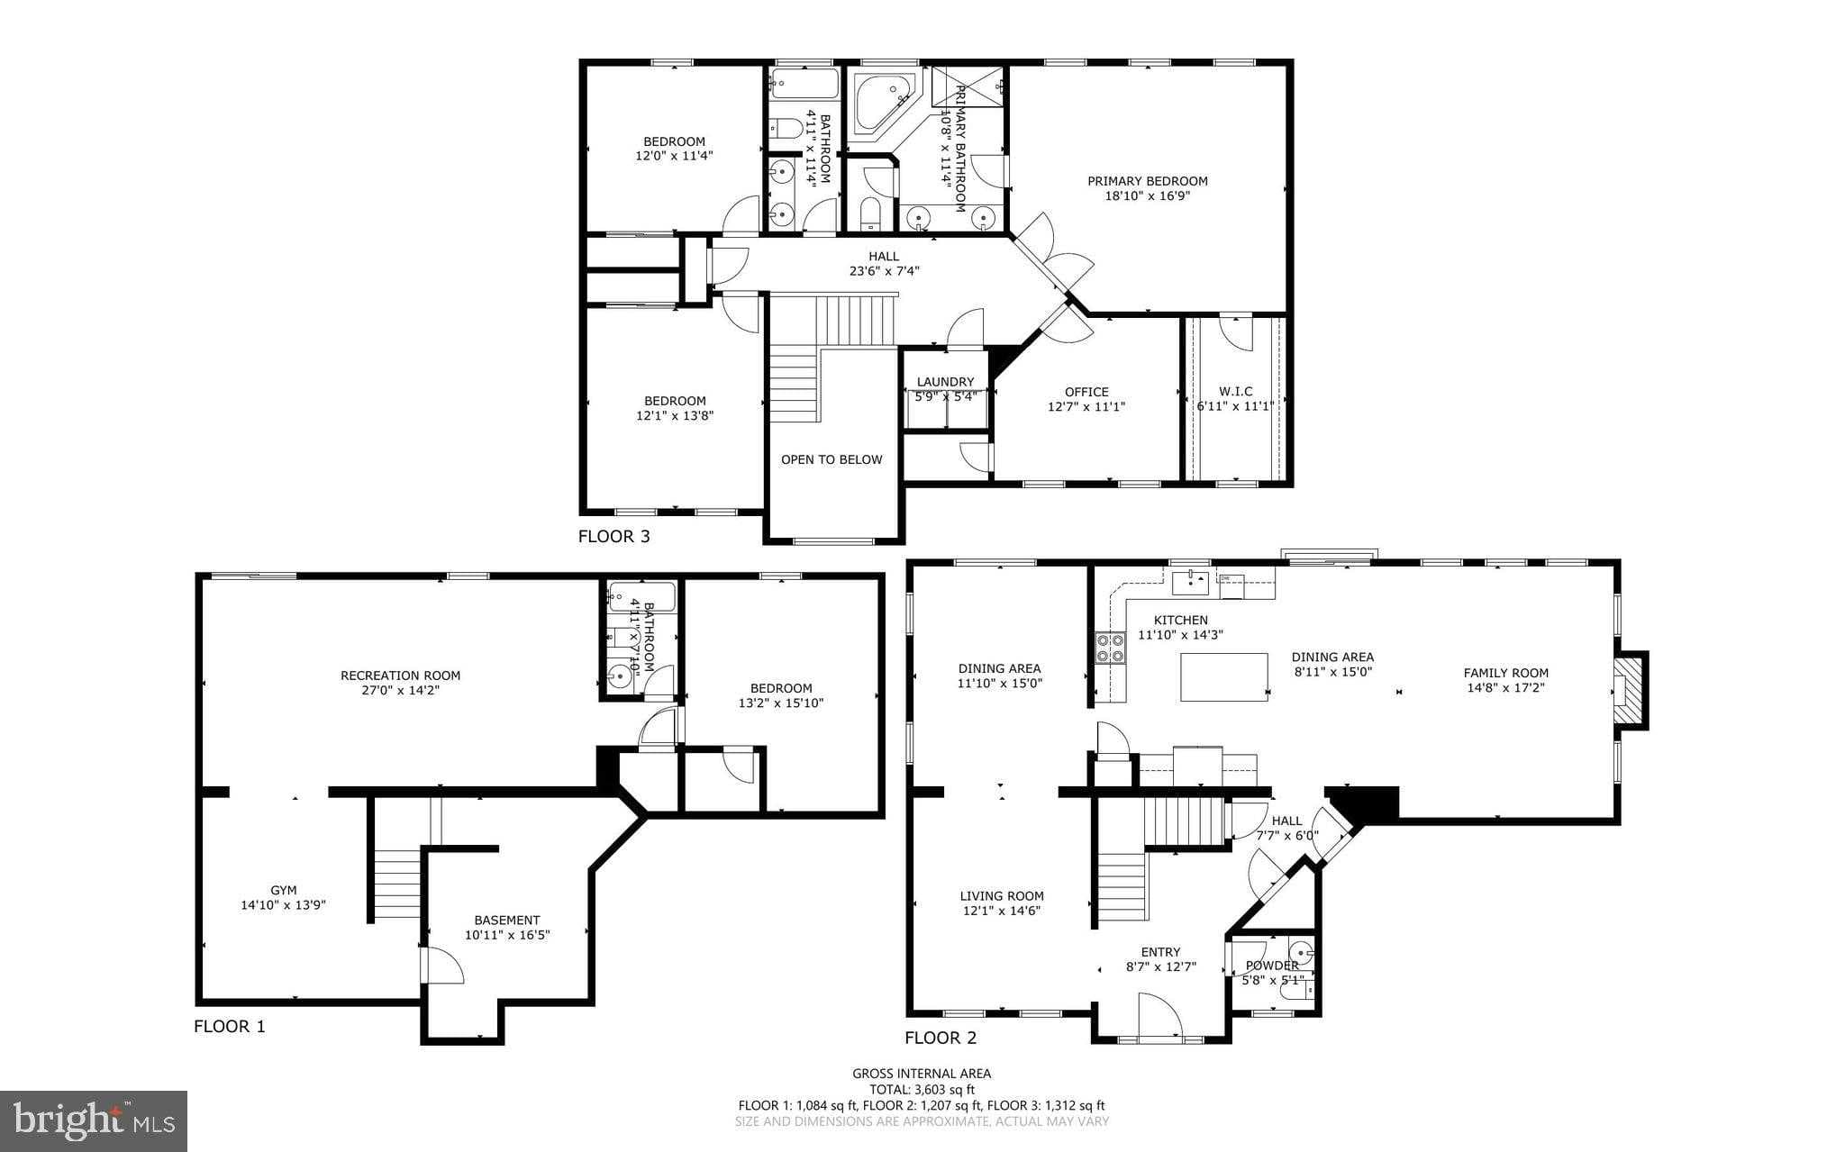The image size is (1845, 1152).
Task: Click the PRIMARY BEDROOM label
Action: click(x=1147, y=181)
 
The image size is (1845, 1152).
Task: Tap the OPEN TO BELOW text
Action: click(x=831, y=459)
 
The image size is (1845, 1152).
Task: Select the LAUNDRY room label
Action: click(x=945, y=382)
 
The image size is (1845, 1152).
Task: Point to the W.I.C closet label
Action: click(x=1235, y=391)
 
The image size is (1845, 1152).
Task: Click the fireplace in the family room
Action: click(x=1627, y=690)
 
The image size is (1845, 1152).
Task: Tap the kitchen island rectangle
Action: click(x=1223, y=677)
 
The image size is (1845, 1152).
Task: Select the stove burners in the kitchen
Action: click(x=1110, y=648)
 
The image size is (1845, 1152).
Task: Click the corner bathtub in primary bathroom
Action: click(x=882, y=102)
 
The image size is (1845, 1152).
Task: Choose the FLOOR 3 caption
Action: click(x=613, y=537)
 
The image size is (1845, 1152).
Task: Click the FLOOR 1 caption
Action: click(x=230, y=1026)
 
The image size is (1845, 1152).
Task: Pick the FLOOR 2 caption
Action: click(x=941, y=1038)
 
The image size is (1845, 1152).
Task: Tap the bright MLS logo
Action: click(x=94, y=1120)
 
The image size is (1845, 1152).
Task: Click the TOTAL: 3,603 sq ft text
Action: click(x=922, y=1089)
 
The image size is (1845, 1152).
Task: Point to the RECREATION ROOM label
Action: click(x=400, y=676)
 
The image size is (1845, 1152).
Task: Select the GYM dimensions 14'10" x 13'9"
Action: click(x=283, y=905)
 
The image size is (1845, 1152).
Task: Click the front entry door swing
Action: click(x=1159, y=1016)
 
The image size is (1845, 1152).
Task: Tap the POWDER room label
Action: click(x=1272, y=966)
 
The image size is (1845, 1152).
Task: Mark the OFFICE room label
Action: click(x=1086, y=392)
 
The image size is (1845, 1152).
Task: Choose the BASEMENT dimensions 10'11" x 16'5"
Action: click(x=507, y=935)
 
